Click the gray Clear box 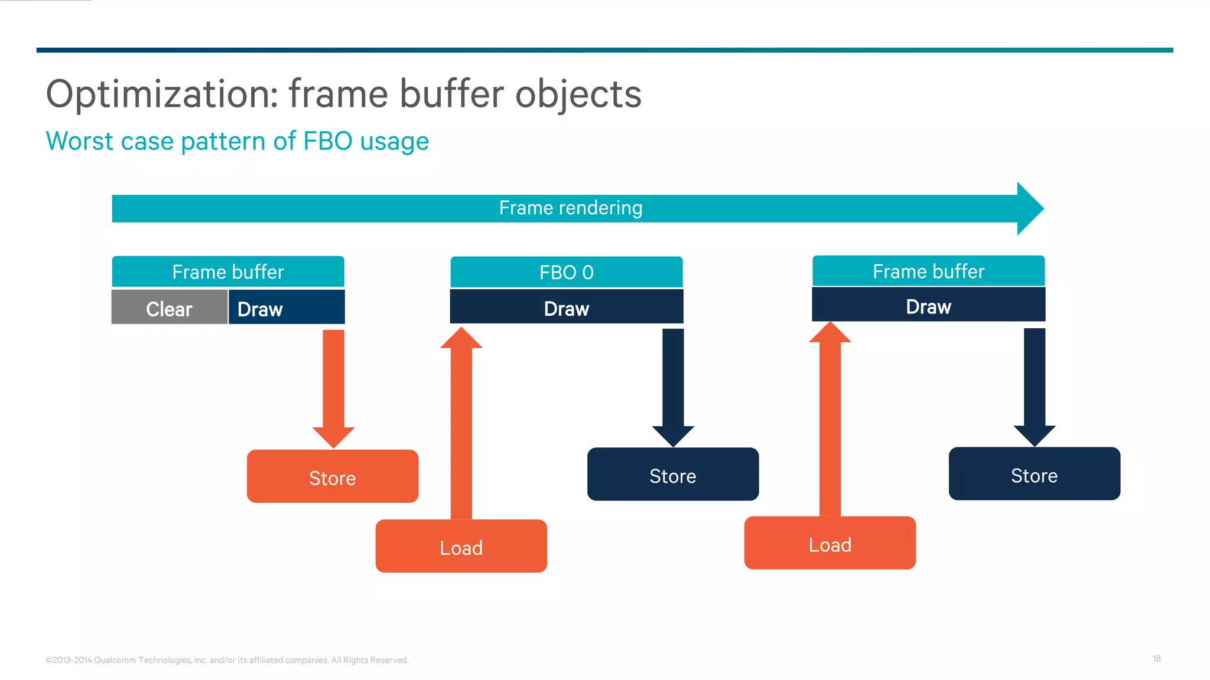tap(169, 307)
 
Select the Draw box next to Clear tap(287, 307)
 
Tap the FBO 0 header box tap(566, 272)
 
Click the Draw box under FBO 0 tap(566, 307)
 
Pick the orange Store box tap(333, 476)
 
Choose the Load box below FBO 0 tap(461, 546)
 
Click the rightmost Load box tap(830, 543)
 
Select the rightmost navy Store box tap(1034, 474)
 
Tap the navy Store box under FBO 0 tap(672, 475)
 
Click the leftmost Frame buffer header tap(228, 272)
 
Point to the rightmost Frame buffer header tap(928, 271)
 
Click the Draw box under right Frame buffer tap(928, 305)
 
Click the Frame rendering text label tap(570, 208)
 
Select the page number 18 tap(1156, 659)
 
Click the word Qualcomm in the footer tap(115, 660)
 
